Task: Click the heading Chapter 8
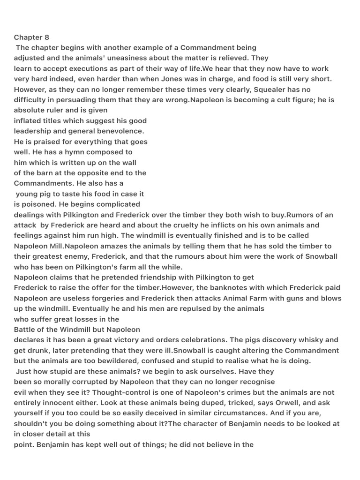31,37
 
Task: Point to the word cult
279,100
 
